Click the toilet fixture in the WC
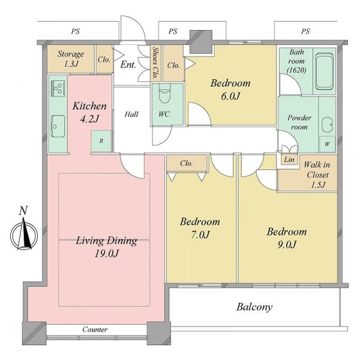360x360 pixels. (165, 93)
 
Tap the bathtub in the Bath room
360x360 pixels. (324, 71)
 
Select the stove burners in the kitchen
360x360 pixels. (58, 88)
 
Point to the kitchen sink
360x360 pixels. (58, 126)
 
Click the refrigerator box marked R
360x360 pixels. (101, 141)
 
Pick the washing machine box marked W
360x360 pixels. (327, 144)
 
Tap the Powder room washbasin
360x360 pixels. (327, 125)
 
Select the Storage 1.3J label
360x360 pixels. (70, 59)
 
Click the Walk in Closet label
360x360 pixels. (317, 175)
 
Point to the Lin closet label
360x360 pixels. (289, 160)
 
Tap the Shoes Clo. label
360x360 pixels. (156, 64)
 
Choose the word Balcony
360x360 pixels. (254, 307)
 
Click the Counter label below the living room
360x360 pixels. (95, 329)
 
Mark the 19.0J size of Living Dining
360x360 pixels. (107, 254)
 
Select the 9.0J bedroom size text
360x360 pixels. (287, 245)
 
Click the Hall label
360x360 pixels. (131, 114)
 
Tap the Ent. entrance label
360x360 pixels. (128, 65)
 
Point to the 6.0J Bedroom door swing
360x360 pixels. (200, 114)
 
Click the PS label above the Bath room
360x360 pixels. (305, 31)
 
